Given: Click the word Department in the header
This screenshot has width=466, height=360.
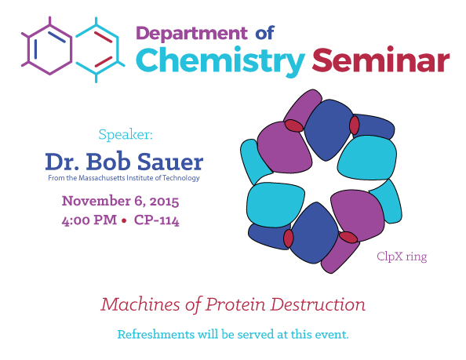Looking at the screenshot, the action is click(x=191, y=33).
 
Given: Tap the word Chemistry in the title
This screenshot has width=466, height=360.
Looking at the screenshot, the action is click(x=220, y=61).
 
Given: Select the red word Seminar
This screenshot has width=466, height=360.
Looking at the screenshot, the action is click(x=380, y=60).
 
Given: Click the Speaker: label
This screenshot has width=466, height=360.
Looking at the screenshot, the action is click(x=126, y=135).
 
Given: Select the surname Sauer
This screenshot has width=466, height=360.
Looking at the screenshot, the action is click(x=170, y=162).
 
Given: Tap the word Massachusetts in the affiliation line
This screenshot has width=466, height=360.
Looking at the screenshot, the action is click(x=102, y=178).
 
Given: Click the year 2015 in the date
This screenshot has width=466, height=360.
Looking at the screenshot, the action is click(x=164, y=202).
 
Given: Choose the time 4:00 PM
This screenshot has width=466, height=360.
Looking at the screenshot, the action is click(x=89, y=220).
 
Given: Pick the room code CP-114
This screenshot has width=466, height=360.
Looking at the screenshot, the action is click(x=157, y=220).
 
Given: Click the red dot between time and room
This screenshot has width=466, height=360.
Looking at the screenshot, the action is click(x=124, y=220).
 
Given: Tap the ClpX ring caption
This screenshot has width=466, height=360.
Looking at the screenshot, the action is click(x=402, y=256).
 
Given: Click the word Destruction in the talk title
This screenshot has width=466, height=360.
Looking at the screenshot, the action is click(x=318, y=305).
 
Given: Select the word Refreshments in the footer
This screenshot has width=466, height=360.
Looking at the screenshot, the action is click(x=156, y=334).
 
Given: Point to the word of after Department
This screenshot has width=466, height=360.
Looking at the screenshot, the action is click(x=265, y=33).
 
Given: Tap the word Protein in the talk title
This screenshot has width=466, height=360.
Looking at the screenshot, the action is click(x=235, y=305).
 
